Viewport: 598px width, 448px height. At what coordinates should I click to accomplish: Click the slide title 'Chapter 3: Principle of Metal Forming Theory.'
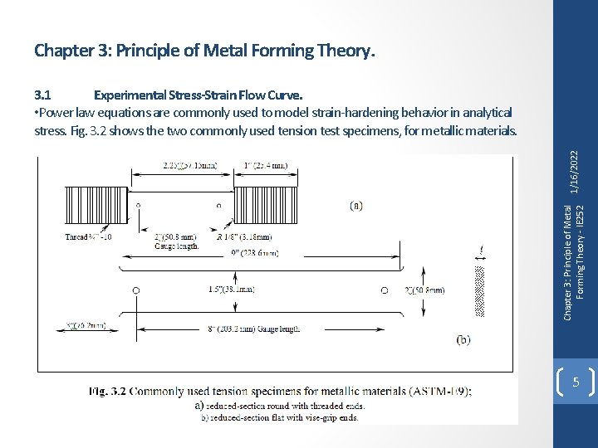pyautogui.click(x=205, y=51)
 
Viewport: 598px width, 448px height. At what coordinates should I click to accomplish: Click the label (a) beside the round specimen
pyautogui.click(x=355, y=205)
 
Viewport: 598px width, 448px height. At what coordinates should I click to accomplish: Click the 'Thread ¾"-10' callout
pyautogui.click(x=89, y=236)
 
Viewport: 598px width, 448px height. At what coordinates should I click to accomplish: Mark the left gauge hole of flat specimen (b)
pyautogui.click(x=136, y=290)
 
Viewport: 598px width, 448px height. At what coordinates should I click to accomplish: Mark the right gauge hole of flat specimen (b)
pyautogui.click(x=384, y=290)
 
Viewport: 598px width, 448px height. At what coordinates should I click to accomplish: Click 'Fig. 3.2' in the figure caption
pyautogui.click(x=107, y=391)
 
